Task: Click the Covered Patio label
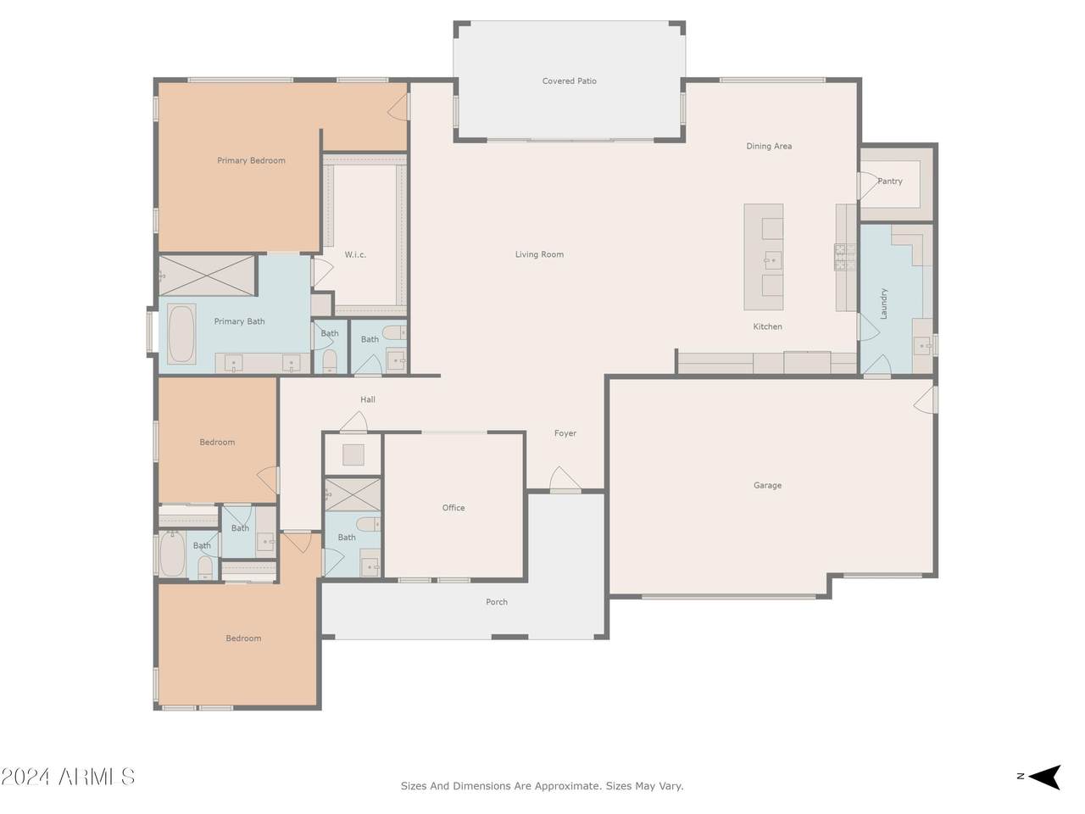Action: [569, 81]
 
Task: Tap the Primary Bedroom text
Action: [251, 160]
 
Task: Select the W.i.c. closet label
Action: [355, 254]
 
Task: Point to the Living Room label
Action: [539, 254]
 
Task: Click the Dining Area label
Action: [769, 147]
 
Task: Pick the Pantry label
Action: [890, 181]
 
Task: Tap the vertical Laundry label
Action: [883, 304]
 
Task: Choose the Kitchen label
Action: [767, 326]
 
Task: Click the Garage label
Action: [767, 485]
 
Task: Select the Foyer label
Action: [565, 433]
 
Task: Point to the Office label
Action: [453, 508]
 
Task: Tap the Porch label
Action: [496, 602]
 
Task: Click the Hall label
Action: [368, 399]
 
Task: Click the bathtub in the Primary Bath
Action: [181, 334]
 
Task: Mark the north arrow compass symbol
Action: [1044, 777]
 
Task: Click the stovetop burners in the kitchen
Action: [845, 257]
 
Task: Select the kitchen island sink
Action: [772, 260]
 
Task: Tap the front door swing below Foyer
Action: [565, 479]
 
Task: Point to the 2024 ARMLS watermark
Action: [68, 777]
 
